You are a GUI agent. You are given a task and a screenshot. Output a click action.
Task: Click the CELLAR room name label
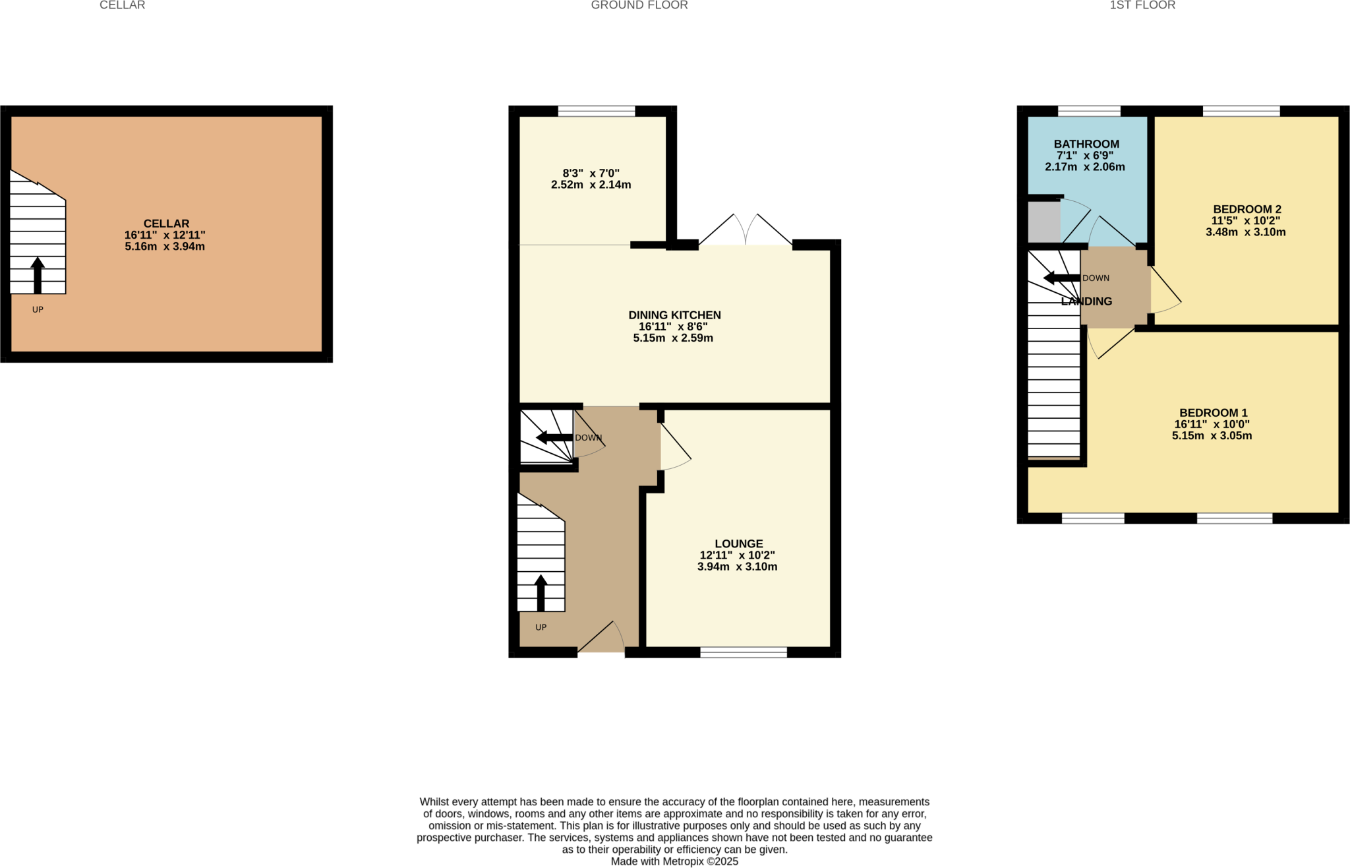(x=166, y=224)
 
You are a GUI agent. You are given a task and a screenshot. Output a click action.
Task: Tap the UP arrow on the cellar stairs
(x=38, y=275)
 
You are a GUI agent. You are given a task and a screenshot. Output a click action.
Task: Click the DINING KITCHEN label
(x=674, y=315)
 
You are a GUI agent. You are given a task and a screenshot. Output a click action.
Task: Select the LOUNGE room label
(x=739, y=543)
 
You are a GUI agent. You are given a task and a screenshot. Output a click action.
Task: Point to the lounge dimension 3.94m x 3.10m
(x=737, y=567)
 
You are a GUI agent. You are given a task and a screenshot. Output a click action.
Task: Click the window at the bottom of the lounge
(x=744, y=652)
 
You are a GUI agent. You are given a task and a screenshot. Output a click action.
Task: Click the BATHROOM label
(x=1086, y=144)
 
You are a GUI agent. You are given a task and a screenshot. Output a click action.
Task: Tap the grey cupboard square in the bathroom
(x=1043, y=222)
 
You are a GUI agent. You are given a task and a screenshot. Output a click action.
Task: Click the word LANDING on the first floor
(x=1086, y=301)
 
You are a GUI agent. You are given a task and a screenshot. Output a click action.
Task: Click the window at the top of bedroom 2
(x=1241, y=111)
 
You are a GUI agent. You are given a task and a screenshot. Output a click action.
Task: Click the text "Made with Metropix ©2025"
(x=674, y=861)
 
